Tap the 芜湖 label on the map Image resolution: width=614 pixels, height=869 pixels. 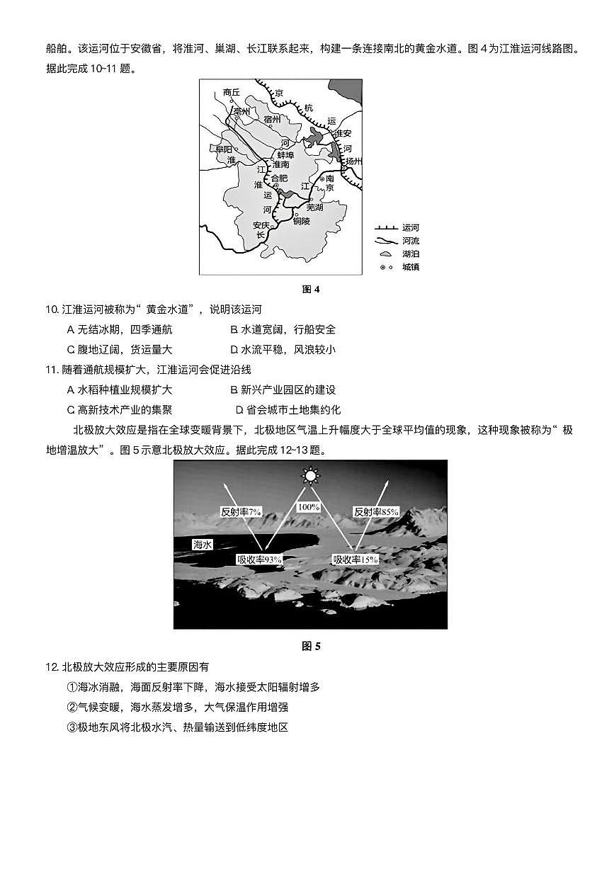pyautogui.click(x=309, y=208)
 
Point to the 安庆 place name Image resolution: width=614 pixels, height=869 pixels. pyautogui.click(x=262, y=225)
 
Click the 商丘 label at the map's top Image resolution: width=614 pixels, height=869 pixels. pyautogui.click(x=232, y=93)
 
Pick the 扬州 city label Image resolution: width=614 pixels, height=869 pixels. pyautogui.click(x=354, y=161)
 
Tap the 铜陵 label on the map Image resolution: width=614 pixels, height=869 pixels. pyautogui.click(x=301, y=221)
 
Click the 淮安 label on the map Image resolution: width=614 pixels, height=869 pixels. pyautogui.click(x=343, y=133)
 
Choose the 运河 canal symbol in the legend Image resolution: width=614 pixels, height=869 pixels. pyautogui.click(x=385, y=228)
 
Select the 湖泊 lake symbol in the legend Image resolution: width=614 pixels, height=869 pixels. pyautogui.click(x=385, y=254)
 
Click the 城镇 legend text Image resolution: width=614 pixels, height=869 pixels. pyautogui.click(x=411, y=267)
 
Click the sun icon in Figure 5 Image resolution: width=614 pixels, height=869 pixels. pyautogui.click(x=309, y=475)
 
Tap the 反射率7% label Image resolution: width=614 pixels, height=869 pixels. pyautogui.click(x=241, y=511)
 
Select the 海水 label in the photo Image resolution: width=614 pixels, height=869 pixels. pyautogui.click(x=203, y=545)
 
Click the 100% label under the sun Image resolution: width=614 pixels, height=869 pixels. pyautogui.click(x=309, y=507)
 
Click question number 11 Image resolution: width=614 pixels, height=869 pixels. pyautogui.click(x=50, y=370)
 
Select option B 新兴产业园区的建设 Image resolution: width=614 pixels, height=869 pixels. pyautogui.click(x=283, y=390)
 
